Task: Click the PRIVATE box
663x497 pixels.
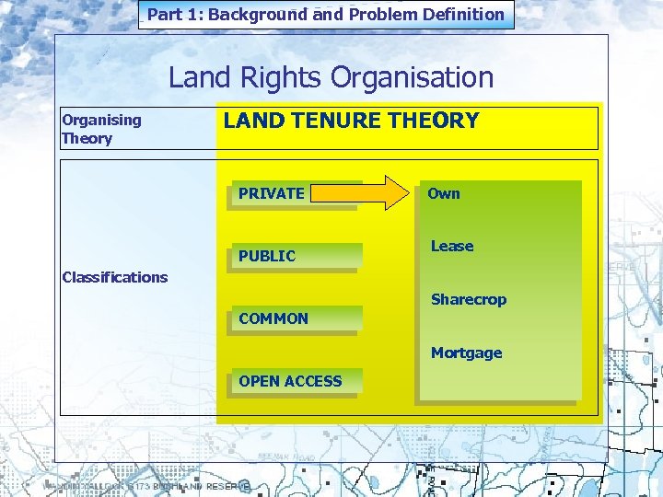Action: coord(294,194)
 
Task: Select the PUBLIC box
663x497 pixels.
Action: coord(294,256)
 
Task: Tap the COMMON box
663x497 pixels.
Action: coord(294,318)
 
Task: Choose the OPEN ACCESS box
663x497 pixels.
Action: coord(294,381)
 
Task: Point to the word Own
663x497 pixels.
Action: coord(443,193)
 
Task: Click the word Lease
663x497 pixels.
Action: coord(452,246)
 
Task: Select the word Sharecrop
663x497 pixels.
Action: coord(469,299)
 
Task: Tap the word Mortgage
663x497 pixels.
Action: coord(466,353)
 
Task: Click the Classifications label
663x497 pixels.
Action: coord(114,277)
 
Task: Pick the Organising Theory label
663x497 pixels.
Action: coord(101,129)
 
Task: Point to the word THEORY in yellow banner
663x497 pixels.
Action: coord(434,121)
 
